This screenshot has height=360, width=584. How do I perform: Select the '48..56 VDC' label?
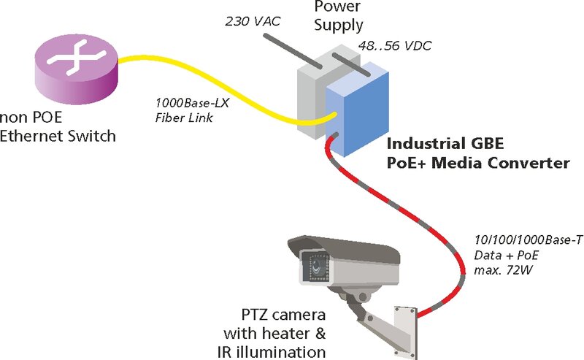point(392,46)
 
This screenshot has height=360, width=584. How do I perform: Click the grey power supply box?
point(310,95)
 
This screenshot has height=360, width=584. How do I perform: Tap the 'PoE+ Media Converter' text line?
point(477,163)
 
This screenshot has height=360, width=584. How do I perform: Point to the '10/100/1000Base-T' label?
point(527,240)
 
